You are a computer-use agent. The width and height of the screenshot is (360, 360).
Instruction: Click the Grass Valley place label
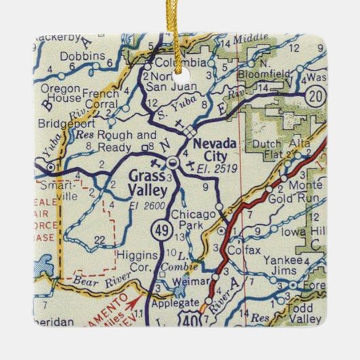(x=146, y=180)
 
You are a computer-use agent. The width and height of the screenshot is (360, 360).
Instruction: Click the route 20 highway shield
(x=315, y=94)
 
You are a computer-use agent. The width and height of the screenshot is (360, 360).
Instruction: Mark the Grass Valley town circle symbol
(x=173, y=162)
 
